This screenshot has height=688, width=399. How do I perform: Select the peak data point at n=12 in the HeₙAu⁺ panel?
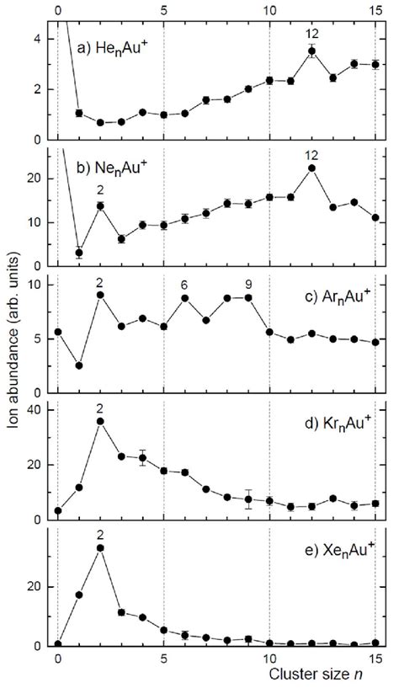click(311, 51)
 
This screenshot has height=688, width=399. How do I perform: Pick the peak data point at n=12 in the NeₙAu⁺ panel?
click(311, 168)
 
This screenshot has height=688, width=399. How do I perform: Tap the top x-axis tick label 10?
click(269, 8)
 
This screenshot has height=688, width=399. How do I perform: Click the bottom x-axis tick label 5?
click(163, 659)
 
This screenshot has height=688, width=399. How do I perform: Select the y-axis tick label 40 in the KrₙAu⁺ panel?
click(39, 409)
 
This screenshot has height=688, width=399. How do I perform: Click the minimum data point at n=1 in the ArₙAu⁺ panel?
click(79, 365)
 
